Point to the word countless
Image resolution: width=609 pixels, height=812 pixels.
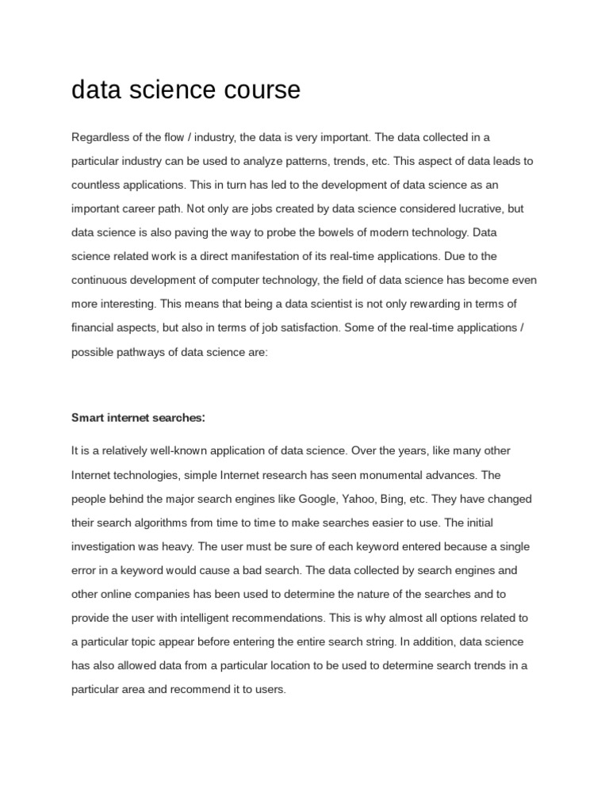click(x=94, y=185)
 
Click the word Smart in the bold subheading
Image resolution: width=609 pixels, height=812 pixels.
click(x=88, y=417)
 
